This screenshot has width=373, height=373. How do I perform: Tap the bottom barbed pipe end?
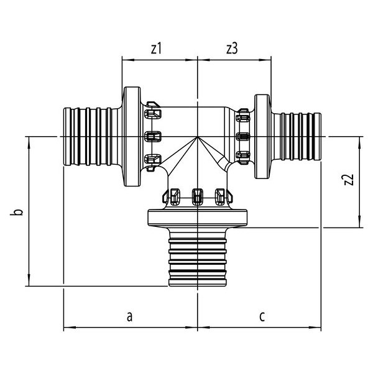point(197,260)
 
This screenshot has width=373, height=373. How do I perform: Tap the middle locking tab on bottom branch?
point(198,196)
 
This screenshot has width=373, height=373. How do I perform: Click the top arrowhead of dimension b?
point(28,140)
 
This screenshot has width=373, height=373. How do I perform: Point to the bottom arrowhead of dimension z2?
point(360,224)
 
